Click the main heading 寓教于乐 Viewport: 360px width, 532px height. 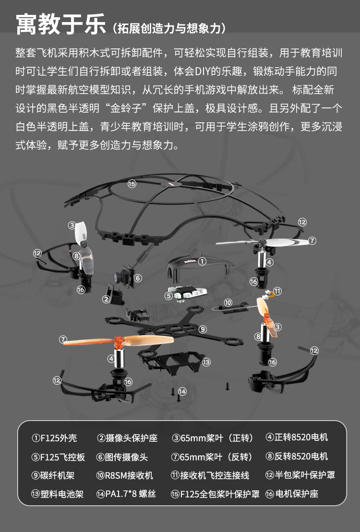(60, 24)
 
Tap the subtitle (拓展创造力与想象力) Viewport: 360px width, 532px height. (169, 28)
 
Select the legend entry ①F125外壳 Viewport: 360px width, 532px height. (54, 438)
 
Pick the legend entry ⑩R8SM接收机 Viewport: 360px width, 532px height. (125, 475)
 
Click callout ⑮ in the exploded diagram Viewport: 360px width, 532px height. (132, 183)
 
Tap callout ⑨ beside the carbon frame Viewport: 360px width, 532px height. (203, 329)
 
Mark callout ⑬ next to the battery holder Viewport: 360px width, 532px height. (206, 362)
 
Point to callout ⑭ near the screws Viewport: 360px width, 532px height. (182, 391)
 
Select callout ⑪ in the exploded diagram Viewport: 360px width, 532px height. (277, 291)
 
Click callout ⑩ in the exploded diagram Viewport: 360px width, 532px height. (228, 303)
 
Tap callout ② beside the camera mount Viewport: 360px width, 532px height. (106, 299)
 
